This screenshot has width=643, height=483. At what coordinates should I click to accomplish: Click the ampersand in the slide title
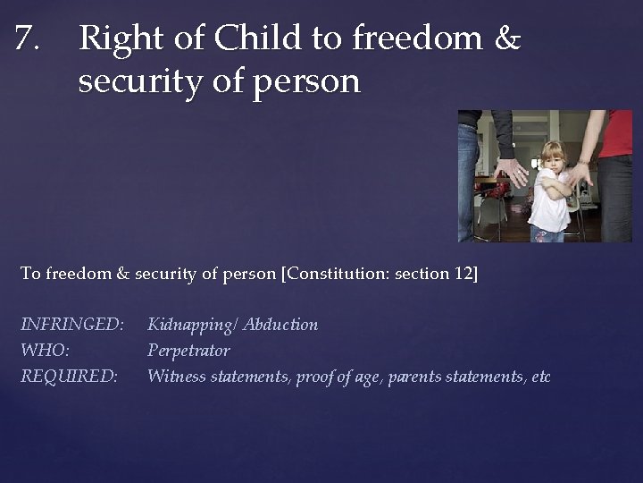click(506, 39)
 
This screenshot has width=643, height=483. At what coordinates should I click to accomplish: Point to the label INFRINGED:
click(71, 325)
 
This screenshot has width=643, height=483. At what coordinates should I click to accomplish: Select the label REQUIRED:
click(69, 377)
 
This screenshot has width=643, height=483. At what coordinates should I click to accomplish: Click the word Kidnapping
click(192, 325)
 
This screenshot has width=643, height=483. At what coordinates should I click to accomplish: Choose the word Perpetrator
click(188, 351)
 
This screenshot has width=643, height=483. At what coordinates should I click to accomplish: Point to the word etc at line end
click(540, 377)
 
